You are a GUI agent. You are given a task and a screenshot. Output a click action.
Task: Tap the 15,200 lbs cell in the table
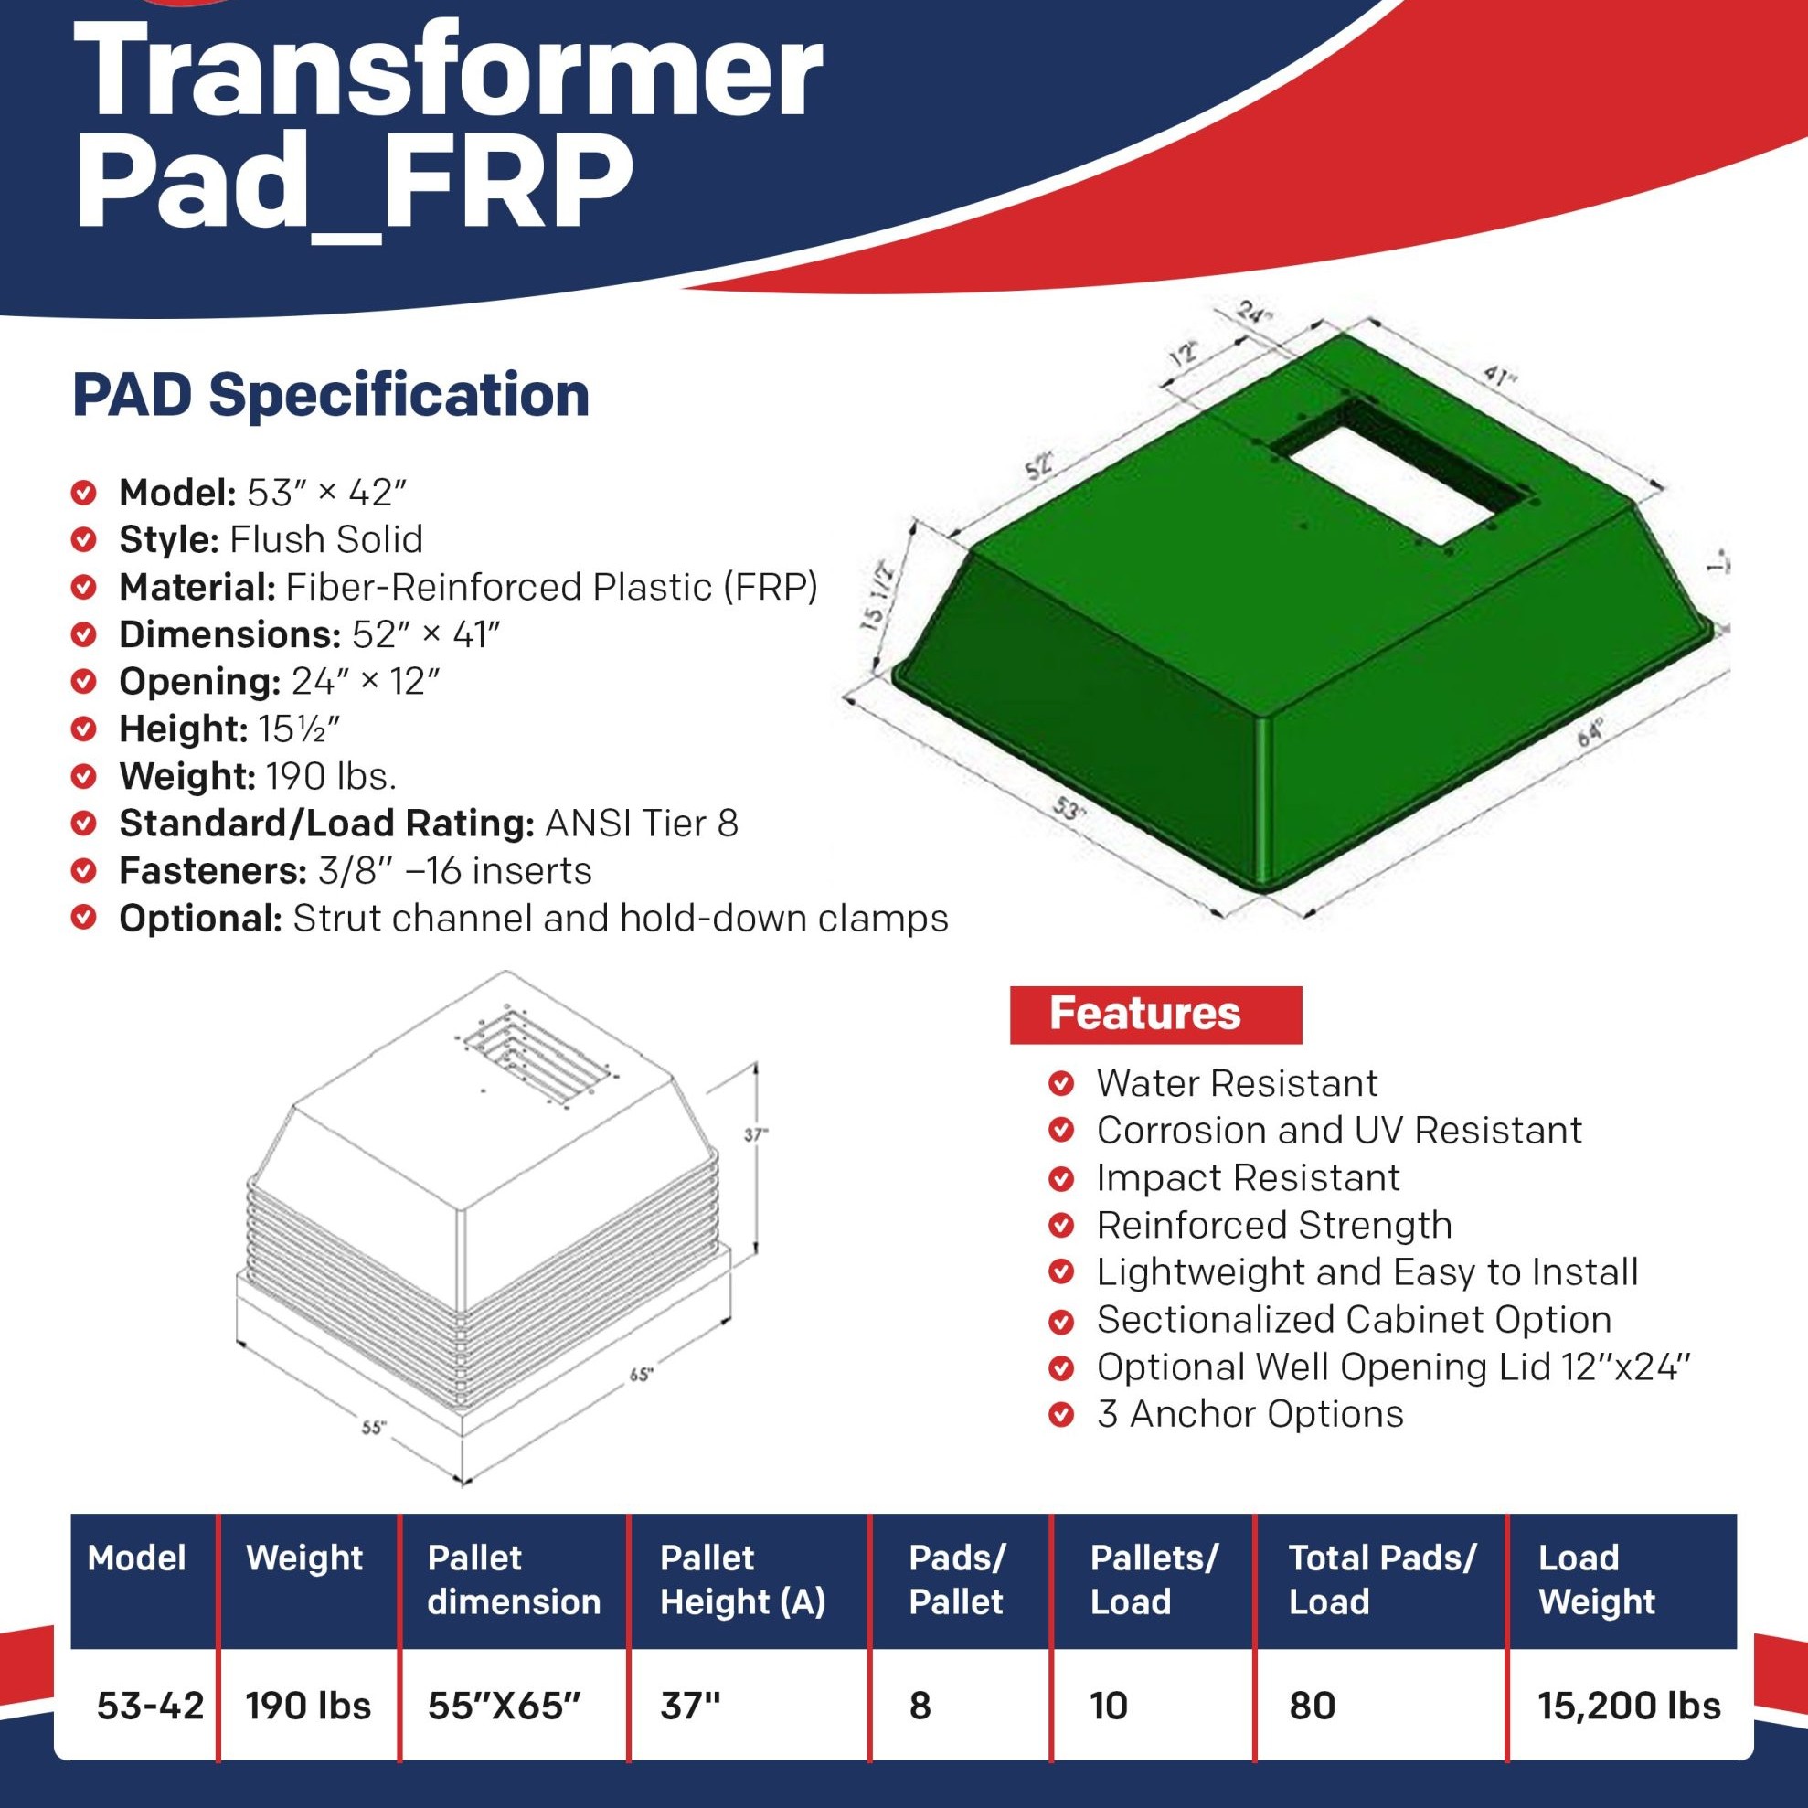(1629, 1706)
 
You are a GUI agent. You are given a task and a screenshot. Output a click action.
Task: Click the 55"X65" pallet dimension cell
(505, 1706)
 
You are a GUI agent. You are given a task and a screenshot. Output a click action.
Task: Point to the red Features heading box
(1155, 1015)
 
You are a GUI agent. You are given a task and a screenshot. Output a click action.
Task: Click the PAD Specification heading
(331, 395)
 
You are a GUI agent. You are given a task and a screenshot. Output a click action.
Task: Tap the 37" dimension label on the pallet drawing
(756, 1134)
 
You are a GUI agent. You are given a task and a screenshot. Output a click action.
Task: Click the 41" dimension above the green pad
(1499, 377)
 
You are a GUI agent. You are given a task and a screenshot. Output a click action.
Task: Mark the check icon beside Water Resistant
(1060, 1084)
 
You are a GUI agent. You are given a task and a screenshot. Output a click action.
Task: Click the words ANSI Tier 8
(642, 824)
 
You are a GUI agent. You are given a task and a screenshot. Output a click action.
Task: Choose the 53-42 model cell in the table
(150, 1706)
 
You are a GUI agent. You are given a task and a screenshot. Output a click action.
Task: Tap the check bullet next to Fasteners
(84, 871)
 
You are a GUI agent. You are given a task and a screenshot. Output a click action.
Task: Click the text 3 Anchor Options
(1250, 1414)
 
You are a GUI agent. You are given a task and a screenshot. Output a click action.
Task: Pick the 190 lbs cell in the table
(308, 1706)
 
